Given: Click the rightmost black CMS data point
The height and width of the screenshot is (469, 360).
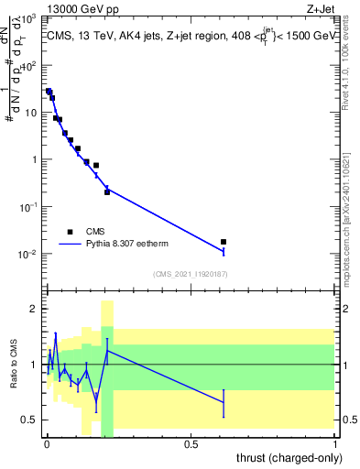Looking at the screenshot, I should pyautogui.click(x=224, y=242).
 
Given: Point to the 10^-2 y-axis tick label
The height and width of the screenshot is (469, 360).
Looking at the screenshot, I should pyautogui.click(x=27, y=254).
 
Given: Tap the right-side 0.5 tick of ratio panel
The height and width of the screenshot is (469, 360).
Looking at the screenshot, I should pyautogui.click(x=347, y=420).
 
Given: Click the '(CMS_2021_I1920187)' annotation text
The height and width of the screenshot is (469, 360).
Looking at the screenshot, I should pyautogui.click(x=190, y=273).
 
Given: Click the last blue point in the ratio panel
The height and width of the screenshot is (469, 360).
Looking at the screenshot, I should pyautogui.click(x=224, y=402).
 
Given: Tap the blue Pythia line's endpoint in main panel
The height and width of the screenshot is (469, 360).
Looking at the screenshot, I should pyautogui.click(x=224, y=250).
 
